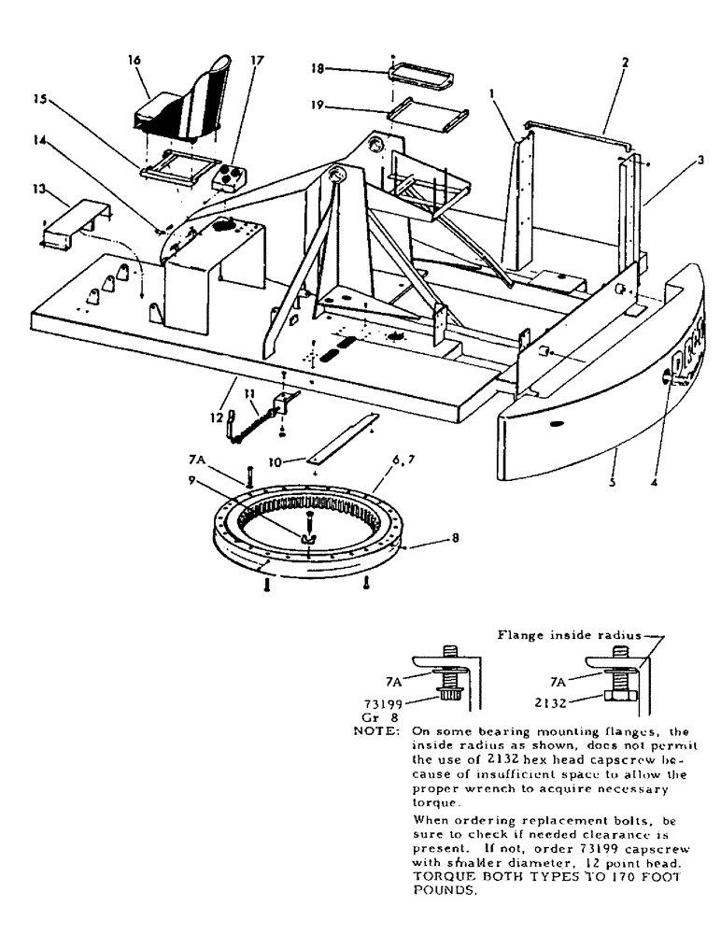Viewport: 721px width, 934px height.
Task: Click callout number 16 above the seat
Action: pos(134,60)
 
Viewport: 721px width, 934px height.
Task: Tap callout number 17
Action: pos(258,61)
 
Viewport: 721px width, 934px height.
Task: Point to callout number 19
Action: pos(318,107)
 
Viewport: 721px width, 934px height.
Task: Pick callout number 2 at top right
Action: pos(625,63)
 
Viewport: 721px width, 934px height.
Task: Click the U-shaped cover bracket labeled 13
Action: pos(79,219)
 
